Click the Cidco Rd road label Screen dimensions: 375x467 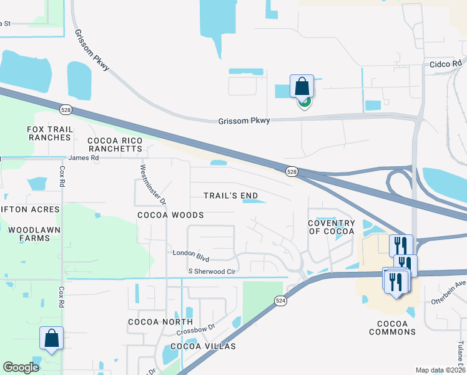[x=446, y=64]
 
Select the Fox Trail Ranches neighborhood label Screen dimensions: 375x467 [x=50, y=133]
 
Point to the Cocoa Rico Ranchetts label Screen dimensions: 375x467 [x=115, y=145]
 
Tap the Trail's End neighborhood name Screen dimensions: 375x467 [x=231, y=196]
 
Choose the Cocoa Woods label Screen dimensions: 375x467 [x=170, y=215]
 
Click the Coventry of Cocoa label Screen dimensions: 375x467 [x=332, y=227]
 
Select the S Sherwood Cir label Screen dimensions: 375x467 [x=212, y=271]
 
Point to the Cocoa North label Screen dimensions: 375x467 [x=156, y=322]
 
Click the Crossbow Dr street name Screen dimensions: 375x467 [x=195, y=327]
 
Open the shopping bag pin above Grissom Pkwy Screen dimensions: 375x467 [x=302, y=87]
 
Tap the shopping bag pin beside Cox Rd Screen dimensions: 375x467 [x=51, y=339]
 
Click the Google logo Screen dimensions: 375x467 [x=21, y=367]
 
